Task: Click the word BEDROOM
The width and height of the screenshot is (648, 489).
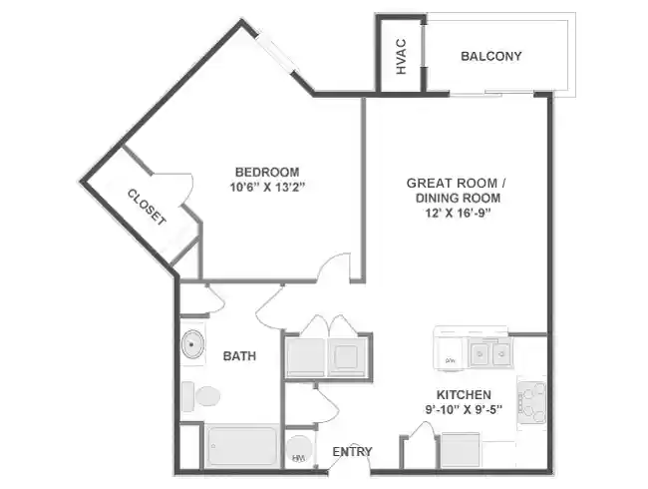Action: click(x=266, y=171)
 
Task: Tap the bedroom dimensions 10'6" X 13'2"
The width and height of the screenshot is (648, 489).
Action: click(x=266, y=186)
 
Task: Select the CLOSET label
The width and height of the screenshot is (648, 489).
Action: click(x=146, y=207)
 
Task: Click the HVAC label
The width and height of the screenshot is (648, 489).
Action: click(x=401, y=56)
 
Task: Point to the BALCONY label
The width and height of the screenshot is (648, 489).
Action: click(x=490, y=56)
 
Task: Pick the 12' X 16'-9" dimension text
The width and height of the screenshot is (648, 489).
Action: click(x=458, y=213)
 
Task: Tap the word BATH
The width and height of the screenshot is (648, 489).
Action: click(x=238, y=356)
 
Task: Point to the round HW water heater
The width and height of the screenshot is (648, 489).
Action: click(x=298, y=450)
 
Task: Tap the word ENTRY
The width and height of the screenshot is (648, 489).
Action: click(x=352, y=451)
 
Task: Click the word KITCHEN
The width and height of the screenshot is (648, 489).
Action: click(x=465, y=394)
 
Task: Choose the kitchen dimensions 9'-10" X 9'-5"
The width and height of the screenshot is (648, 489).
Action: click(x=465, y=409)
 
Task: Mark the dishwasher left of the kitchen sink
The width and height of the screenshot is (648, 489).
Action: click(x=451, y=352)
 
